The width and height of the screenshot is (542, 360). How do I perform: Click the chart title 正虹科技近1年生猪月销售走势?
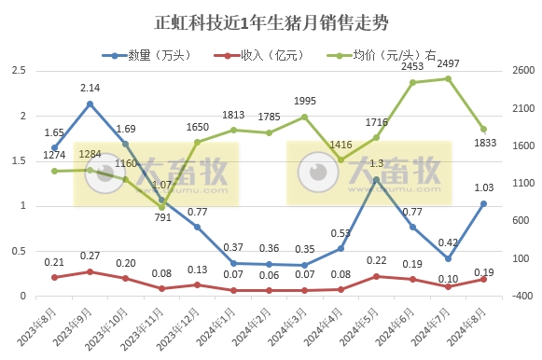tap(271, 21)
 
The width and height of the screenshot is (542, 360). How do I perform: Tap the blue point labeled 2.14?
tap(90, 104)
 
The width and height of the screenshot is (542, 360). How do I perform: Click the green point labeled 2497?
tap(448, 79)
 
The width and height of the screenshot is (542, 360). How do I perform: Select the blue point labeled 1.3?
tap(376, 179)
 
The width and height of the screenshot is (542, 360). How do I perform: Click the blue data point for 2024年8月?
tap(483, 203)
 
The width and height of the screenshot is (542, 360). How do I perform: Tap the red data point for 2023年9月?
tap(90, 271)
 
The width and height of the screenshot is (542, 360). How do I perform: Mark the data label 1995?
tap(306, 102)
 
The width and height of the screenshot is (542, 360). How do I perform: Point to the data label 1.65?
tap(53, 133)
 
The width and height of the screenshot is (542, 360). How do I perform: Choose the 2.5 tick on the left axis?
tap(19, 71)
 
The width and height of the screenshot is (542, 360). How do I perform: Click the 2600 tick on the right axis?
tap(522, 71)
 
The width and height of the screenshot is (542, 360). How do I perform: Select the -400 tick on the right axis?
tap(522, 296)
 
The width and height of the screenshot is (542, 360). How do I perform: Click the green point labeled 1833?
tap(483, 130)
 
